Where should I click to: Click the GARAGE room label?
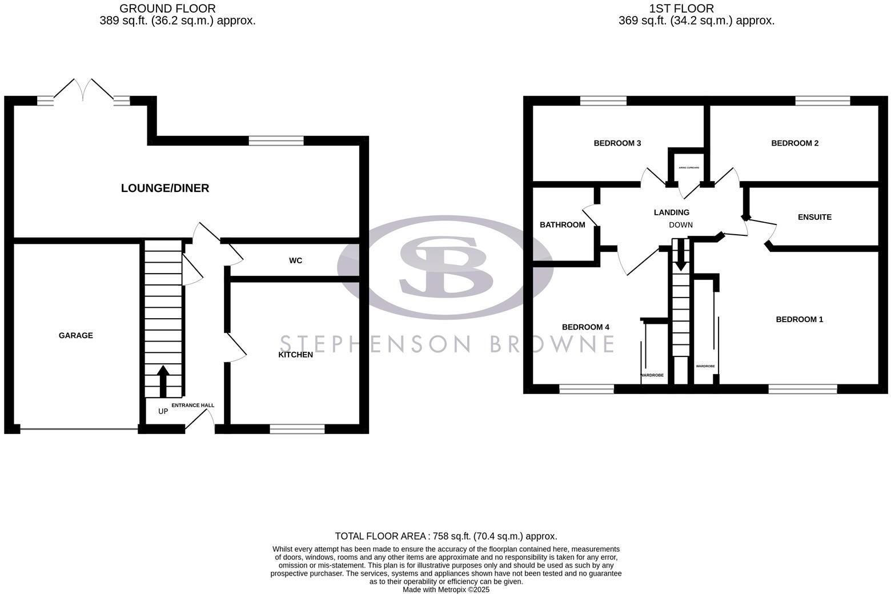click(75, 335)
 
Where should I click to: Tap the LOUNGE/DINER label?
click(165, 188)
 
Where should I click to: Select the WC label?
click(295, 260)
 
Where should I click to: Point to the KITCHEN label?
click(295, 355)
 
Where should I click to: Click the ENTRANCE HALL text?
click(193, 406)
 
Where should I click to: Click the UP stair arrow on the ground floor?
click(163, 382)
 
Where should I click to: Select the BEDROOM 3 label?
click(617, 143)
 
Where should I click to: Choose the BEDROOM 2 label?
click(794, 143)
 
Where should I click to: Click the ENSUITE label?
click(814, 217)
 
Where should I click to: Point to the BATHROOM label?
click(563, 224)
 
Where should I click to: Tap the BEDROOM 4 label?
click(585, 327)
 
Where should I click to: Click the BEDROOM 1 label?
click(799, 319)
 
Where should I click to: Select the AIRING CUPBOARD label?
click(688, 168)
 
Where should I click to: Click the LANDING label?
click(671, 212)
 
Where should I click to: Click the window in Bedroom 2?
click(822, 101)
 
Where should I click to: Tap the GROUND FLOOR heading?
click(167, 9)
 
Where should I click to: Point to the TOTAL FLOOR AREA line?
click(445, 536)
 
